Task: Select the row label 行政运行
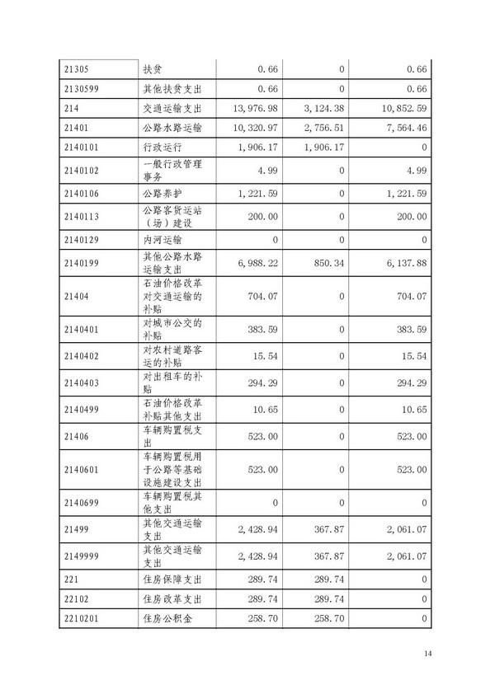tap(161, 148)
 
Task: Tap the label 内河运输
tap(161, 239)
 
